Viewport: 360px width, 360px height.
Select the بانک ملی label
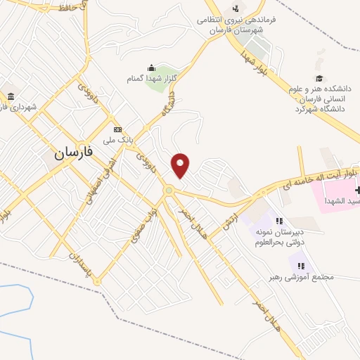pyautogui.click(x=118, y=141)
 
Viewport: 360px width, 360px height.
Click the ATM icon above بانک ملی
pyautogui.click(x=117, y=129)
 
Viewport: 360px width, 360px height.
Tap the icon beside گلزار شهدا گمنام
pyautogui.click(x=151, y=68)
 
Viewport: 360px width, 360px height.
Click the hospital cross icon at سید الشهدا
pyautogui.click(x=357, y=191)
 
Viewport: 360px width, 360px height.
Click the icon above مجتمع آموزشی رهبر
pyautogui.click(x=302, y=265)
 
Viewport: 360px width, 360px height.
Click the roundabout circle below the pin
pyautogui.click(x=169, y=190)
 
